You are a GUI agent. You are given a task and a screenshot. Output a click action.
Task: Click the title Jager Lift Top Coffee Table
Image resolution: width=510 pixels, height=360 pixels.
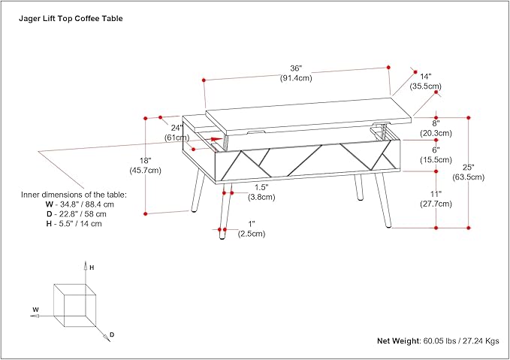tap(71, 20)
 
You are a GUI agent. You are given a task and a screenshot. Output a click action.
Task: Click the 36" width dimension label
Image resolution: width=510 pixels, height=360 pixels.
tap(296, 74)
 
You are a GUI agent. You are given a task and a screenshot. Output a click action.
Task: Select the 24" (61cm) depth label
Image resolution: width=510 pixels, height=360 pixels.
tap(177, 132)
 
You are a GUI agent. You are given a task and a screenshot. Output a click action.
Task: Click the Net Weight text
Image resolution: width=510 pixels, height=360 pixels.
tap(437, 340)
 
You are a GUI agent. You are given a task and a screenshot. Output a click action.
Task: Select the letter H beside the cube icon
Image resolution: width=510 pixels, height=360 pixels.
tap(92, 267)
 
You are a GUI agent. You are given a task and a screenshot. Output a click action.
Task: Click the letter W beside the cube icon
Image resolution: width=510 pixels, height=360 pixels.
tap(35, 309)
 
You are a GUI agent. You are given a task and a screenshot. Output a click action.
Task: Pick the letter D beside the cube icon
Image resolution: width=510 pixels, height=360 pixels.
tap(112, 334)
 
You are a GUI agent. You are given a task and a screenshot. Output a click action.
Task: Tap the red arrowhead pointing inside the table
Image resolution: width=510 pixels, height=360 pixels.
tap(218, 139)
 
